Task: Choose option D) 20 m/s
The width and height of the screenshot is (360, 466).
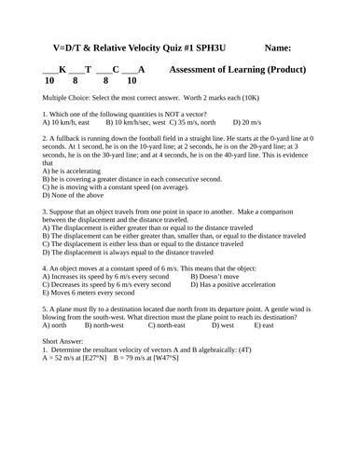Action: [247, 122]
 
